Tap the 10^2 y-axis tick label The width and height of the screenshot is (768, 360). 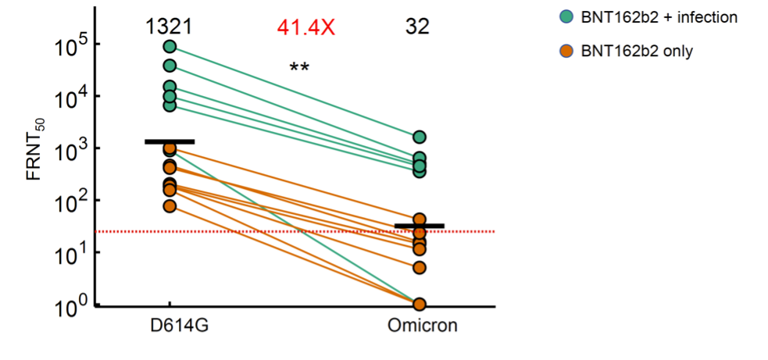70,201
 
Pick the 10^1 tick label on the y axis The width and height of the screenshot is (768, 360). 70,254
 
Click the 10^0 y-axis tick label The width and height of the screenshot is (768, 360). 70,305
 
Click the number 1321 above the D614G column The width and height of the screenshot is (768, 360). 169,27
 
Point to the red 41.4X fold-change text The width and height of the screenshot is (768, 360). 305,27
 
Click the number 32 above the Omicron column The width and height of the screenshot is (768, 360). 417,27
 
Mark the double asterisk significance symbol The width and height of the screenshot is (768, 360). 299,68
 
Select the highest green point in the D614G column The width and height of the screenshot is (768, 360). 170,47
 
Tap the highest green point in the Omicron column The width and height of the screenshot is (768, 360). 420,137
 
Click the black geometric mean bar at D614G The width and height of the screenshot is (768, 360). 170,141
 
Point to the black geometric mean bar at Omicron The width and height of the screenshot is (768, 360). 420,226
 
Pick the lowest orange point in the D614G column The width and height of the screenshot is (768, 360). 170,206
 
